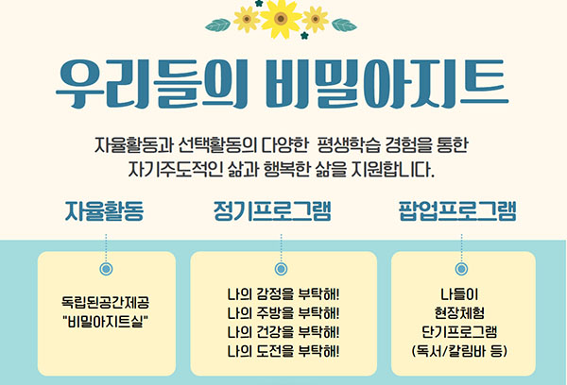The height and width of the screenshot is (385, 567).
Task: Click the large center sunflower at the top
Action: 281,19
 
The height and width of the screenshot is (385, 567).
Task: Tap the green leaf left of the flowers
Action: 218,25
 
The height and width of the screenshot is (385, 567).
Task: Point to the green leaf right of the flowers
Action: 344,25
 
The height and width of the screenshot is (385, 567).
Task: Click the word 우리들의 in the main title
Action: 152,84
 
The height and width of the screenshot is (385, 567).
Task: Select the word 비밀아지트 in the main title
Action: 387,84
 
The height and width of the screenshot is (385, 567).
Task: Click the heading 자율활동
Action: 104,211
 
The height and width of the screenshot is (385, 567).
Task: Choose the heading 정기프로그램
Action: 272,211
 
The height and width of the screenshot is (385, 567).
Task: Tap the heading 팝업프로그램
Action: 457,211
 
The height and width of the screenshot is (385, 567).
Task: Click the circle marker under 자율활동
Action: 106,269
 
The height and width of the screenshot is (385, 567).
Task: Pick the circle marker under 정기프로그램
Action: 281,269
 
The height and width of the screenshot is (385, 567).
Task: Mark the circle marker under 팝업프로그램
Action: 461,269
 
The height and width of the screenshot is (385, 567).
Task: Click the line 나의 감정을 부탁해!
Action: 283,294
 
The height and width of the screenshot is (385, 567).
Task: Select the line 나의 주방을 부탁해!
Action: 283,313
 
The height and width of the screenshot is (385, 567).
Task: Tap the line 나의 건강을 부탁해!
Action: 283,332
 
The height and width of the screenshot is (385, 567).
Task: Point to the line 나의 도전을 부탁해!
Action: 283,351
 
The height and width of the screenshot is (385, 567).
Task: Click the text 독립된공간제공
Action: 105,302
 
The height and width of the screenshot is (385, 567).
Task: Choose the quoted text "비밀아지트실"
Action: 105,321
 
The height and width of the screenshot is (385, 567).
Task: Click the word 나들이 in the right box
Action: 459,294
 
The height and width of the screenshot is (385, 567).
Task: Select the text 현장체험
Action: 459,313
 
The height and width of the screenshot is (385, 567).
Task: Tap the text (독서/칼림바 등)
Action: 459,351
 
